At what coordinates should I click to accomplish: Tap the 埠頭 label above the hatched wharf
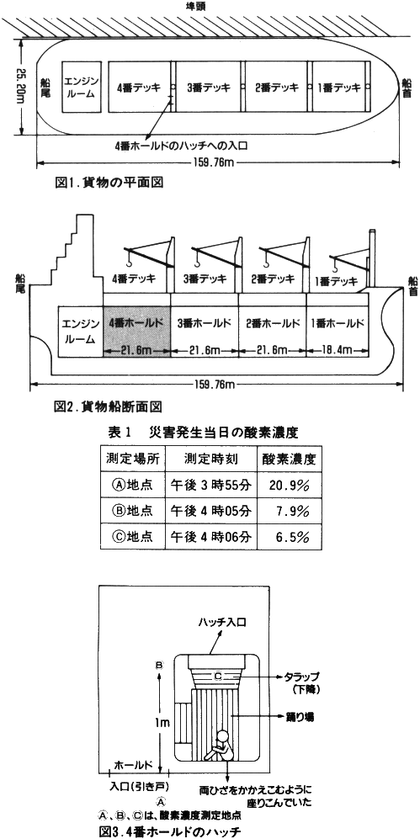click(x=210, y=7)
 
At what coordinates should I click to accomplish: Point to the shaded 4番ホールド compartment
click(x=137, y=332)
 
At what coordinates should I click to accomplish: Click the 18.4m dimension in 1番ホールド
click(x=338, y=350)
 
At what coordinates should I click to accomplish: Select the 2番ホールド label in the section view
click(x=272, y=324)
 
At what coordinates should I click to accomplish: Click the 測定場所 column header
click(x=131, y=459)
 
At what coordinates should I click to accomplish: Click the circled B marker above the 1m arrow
click(x=159, y=665)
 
